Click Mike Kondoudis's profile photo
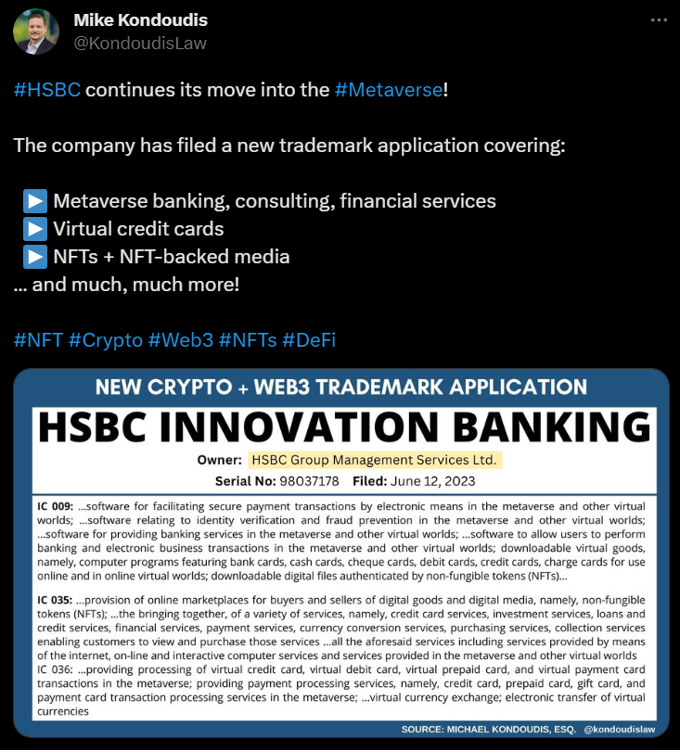(36, 32)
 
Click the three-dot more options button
(658, 19)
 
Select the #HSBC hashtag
(47, 91)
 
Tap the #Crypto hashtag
(105, 340)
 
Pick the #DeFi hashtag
(309, 340)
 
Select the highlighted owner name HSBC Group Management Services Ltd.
(375, 460)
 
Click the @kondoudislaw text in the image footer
(620, 730)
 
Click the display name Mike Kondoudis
(140, 20)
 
